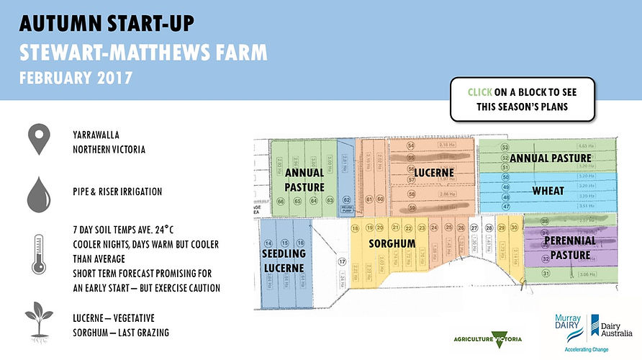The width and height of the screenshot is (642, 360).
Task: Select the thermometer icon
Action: click(38, 253)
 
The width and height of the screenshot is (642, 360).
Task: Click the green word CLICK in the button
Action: click(481, 92)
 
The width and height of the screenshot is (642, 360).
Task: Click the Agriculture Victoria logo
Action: click(487, 338)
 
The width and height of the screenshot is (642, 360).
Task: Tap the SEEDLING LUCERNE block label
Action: click(284, 260)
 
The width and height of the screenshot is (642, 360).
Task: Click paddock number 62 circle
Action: click(346, 200)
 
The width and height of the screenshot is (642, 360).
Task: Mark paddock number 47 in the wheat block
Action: click(505, 207)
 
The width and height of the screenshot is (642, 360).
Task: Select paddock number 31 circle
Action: click(546, 274)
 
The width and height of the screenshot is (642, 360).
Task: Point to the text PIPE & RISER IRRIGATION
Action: click(117, 192)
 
